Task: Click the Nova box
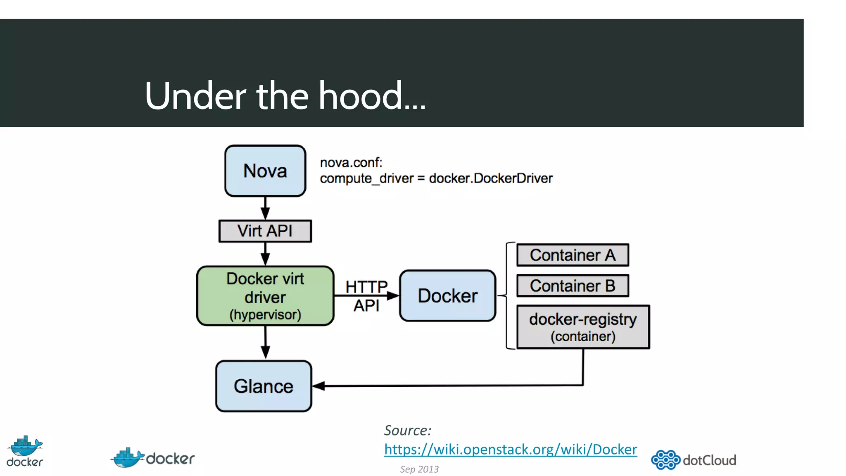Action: (265, 171)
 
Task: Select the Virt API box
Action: (265, 231)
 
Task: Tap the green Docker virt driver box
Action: (265, 296)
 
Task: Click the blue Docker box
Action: (447, 296)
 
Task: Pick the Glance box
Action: (264, 386)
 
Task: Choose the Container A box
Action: (573, 255)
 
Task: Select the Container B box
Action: (573, 286)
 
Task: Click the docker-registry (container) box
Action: (583, 327)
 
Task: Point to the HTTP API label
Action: (366, 296)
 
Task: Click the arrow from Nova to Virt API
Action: (265, 208)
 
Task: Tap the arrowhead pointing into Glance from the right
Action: (318, 386)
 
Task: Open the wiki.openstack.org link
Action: (510, 449)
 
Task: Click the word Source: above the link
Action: (407, 431)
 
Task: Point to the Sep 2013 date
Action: (419, 469)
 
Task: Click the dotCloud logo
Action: (694, 460)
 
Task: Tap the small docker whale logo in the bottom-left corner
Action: (25, 451)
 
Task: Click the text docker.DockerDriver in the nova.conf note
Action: (490, 178)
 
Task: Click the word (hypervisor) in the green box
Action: (265, 315)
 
